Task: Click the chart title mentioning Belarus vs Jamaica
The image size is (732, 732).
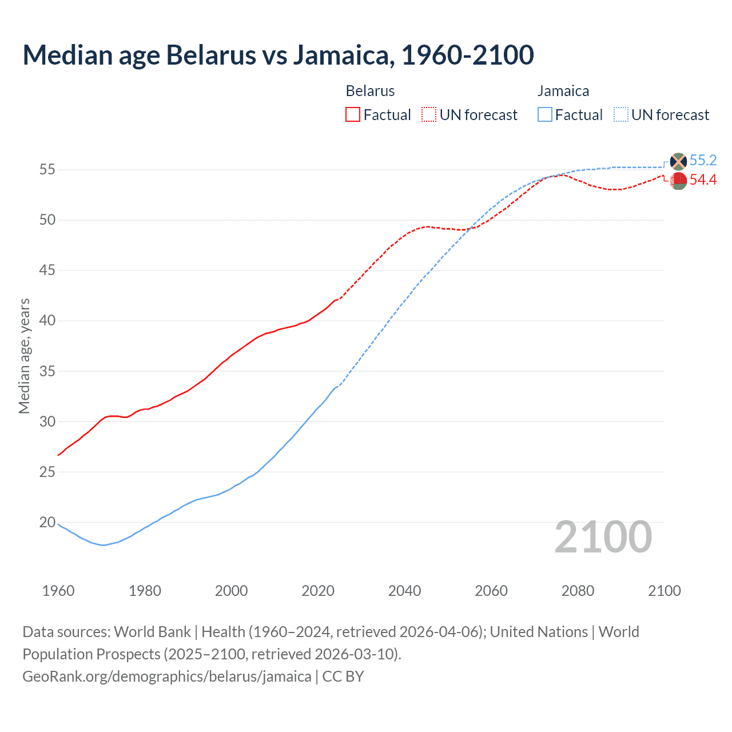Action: pos(278,55)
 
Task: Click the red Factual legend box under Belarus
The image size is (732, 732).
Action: pos(353,115)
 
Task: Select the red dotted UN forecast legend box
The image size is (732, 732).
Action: pos(429,115)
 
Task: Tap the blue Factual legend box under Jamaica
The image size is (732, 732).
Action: pos(545,115)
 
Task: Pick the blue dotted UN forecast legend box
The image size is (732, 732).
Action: pos(621,115)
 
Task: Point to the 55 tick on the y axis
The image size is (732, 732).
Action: pos(47,169)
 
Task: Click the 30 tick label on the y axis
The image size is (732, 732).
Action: pos(47,421)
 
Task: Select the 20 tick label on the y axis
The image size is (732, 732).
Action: pos(47,522)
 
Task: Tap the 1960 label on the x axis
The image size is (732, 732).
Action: pos(58,591)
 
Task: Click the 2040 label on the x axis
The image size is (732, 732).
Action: pos(404,591)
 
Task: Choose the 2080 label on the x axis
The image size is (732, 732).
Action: pos(578,591)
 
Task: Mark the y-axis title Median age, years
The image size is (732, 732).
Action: pos(24,356)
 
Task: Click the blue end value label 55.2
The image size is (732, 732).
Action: pos(703,161)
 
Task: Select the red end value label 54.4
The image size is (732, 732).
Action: pos(703,180)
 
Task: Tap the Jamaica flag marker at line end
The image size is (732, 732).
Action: pos(678,161)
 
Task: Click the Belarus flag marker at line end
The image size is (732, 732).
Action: pos(678,181)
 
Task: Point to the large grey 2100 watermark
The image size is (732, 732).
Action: pos(603,537)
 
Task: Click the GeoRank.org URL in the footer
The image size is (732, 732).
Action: pos(166,677)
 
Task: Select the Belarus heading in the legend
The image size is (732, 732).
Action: pos(370,91)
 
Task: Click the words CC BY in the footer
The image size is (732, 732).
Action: pos(343,677)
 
